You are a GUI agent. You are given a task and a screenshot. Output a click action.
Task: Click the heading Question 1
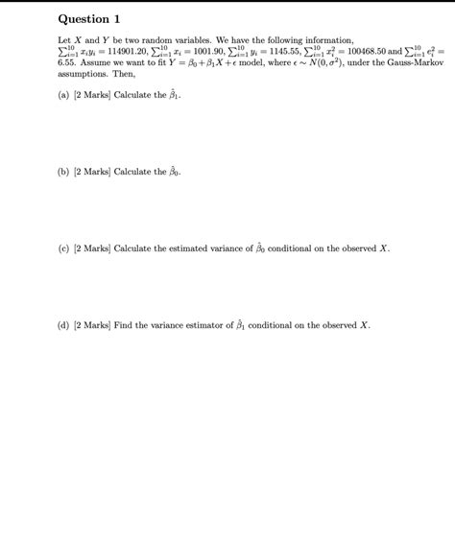click(x=89, y=18)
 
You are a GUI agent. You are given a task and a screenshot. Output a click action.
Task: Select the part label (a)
click(x=63, y=97)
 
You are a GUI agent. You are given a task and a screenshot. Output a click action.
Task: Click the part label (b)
click(x=63, y=172)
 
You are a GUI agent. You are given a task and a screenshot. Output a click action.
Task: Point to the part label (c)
click(x=63, y=247)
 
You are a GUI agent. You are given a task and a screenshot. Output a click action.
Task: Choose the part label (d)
click(x=63, y=324)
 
